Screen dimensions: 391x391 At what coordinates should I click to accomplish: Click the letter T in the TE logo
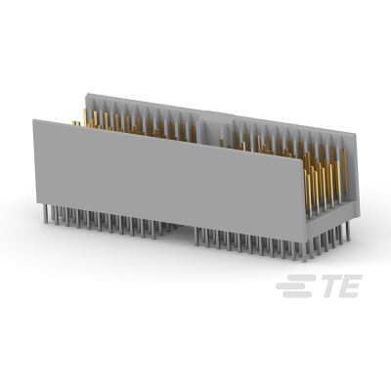point(325,286)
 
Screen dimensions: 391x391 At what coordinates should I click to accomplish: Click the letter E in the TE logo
point(348,286)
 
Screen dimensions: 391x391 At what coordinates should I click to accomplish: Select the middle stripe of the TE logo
point(289,286)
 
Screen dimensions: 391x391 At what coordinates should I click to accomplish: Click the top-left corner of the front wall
point(34,120)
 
